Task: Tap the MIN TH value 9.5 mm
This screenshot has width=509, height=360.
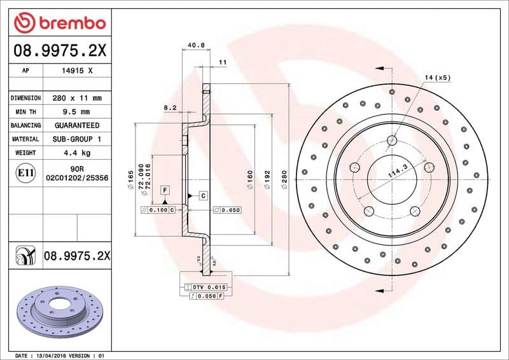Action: pyautogui.click(x=77, y=112)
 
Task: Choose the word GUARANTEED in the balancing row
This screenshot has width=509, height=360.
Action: pyautogui.click(x=77, y=125)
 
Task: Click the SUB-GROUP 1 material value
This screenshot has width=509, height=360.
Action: pyautogui.click(x=77, y=139)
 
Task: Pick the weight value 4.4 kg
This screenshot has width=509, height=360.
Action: pyautogui.click(x=77, y=153)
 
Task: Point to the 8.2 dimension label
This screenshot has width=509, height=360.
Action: pyautogui.click(x=170, y=108)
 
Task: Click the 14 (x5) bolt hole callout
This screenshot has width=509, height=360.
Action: pyautogui.click(x=437, y=78)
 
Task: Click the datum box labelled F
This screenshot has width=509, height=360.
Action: pyautogui.click(x=164, y=190)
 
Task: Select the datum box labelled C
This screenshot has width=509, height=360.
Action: pyautogui.click(x=202, y=195)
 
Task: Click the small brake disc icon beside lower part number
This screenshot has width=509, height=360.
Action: pyautogui.click(x=25, y=256)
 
